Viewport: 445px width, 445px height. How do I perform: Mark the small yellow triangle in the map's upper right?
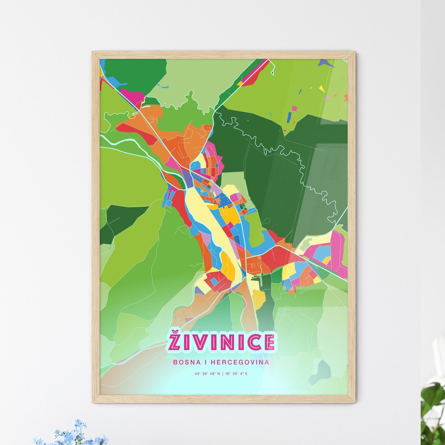coord(322,88)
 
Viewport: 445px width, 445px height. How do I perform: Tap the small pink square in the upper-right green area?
coord(295,108)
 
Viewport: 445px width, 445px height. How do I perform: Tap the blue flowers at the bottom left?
coord(74,433)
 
